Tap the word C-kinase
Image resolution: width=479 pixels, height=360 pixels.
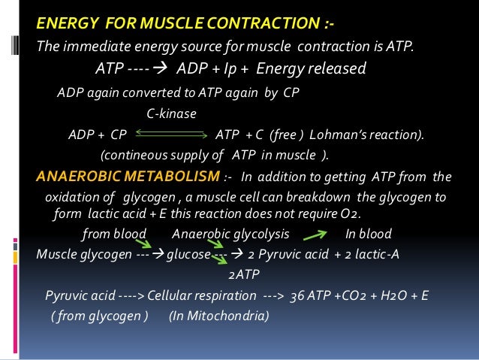170,113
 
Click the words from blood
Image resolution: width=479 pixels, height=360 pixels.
113,233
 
